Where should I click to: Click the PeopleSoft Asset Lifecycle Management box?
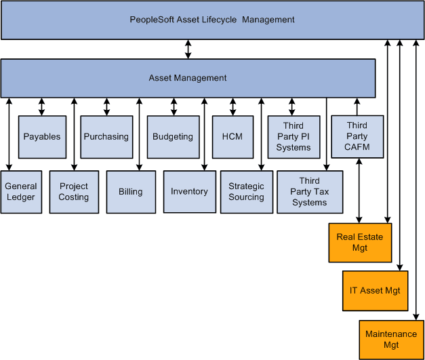212,20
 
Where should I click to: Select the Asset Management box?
188,78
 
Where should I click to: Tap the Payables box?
42,136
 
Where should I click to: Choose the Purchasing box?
106,136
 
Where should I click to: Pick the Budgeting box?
172,136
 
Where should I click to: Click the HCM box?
232,136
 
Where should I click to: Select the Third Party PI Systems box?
293,136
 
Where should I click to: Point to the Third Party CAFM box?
357,136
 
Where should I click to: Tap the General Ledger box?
20,192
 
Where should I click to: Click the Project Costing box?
73,192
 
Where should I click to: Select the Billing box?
131,192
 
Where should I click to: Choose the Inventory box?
189,192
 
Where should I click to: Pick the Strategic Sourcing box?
246,192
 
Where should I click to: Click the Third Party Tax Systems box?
310,192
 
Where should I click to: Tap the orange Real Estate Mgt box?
360,242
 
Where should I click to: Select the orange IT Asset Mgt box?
375,290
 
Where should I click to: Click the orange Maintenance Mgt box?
391,339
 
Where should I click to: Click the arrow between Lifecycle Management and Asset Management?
188,49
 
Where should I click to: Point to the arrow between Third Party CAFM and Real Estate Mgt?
358,191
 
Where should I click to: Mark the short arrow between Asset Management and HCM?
232,106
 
